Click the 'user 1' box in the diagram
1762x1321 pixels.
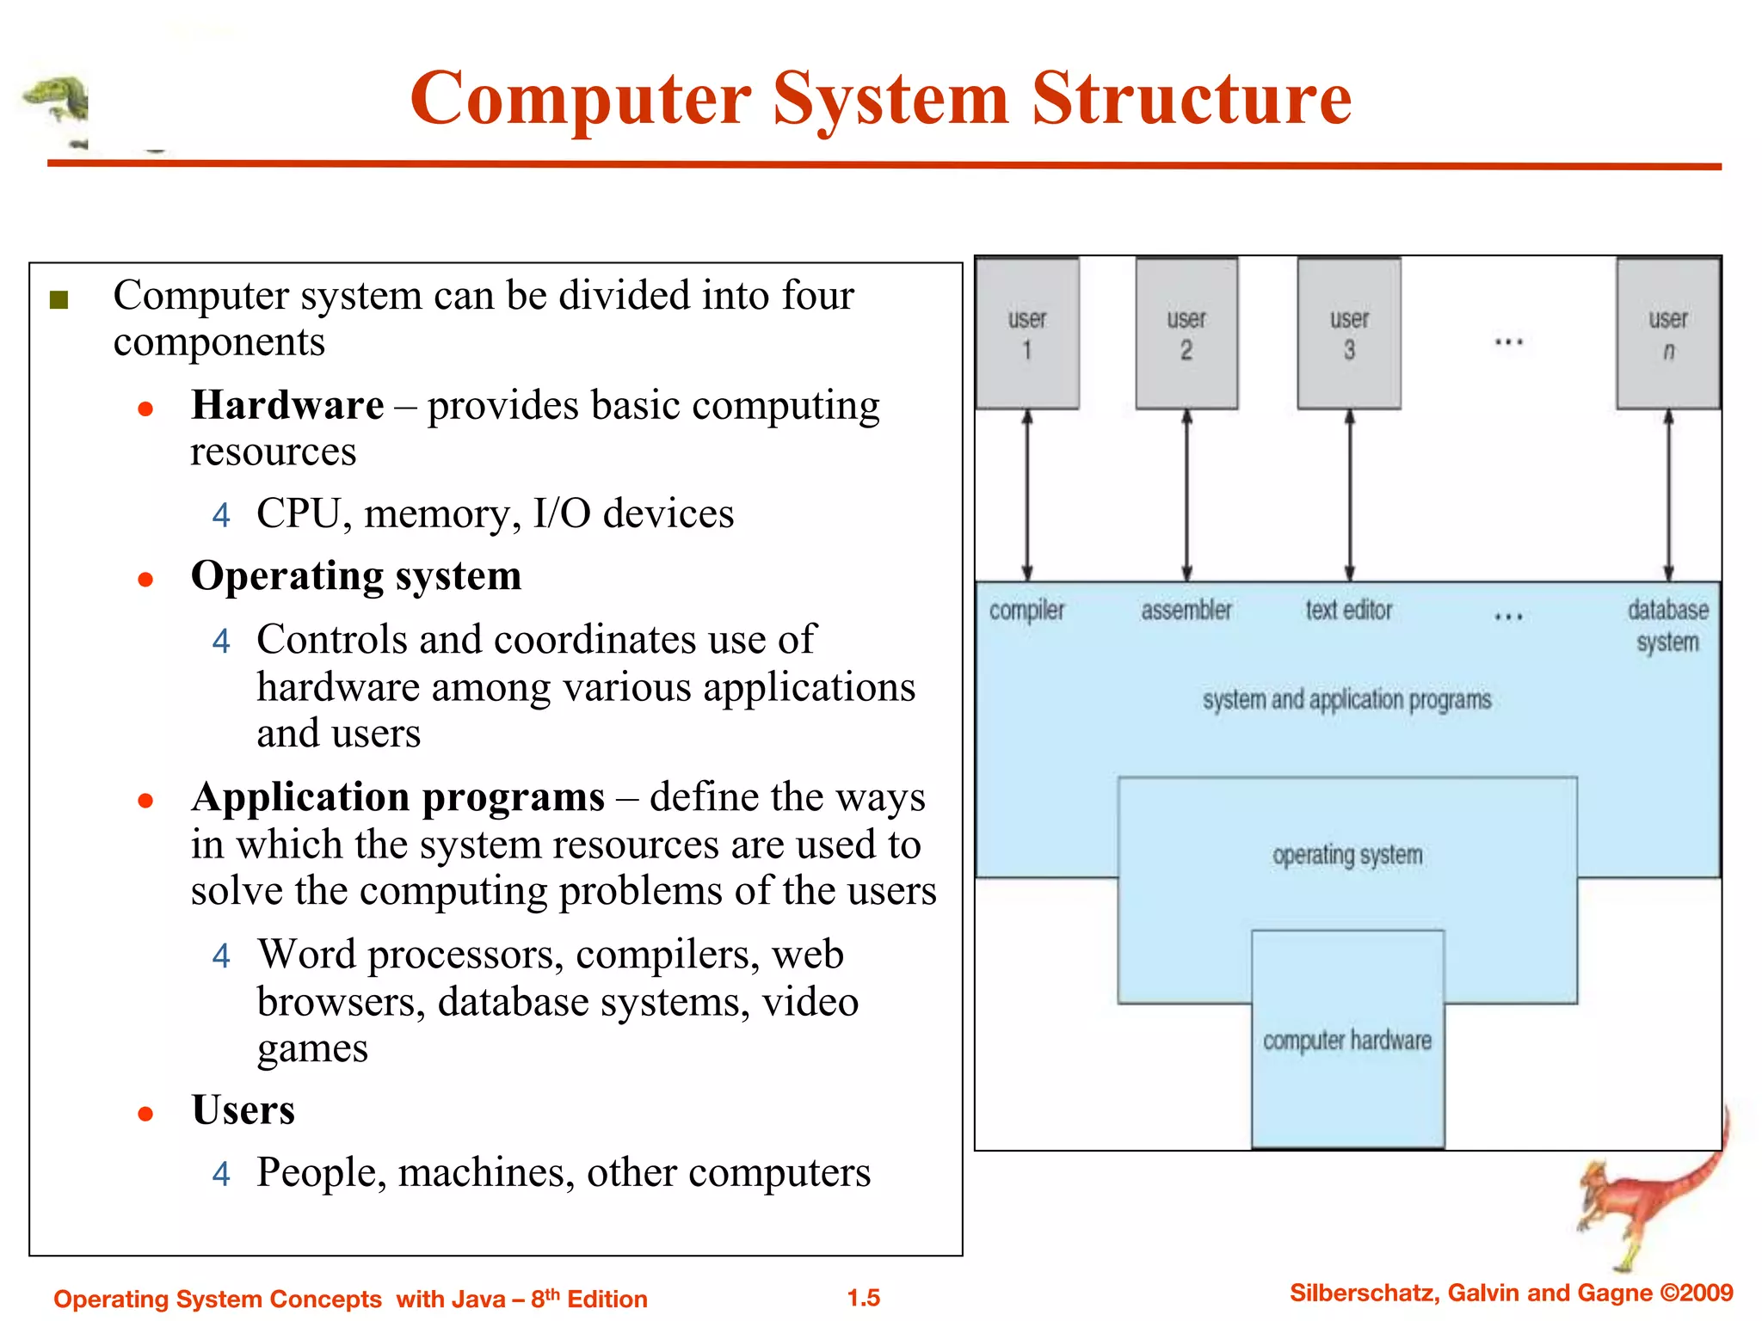point(1026,334)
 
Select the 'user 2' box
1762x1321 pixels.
point(1186,334)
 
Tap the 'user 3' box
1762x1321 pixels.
point(1349,334)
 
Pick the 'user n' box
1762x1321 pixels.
point(1668,334)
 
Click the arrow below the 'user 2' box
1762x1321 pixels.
point(1186,495)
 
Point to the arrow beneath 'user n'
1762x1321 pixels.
point(1668,495)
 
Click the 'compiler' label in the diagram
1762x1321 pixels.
point(1026,611)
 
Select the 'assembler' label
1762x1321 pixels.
point(1186,611)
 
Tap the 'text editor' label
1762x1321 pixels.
point(1348,611)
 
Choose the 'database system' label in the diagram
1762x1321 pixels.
point(1667,626)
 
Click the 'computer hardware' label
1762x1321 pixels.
point(1347,1041)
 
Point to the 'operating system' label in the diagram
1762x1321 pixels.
point(1347,855)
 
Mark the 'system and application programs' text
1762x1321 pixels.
point(1346,700)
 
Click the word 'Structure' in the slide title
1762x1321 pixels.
point(1191,99)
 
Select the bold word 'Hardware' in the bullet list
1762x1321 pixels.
point(287,405)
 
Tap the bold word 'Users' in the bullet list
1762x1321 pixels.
point(243,1110)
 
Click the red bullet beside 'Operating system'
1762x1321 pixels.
point(145,580)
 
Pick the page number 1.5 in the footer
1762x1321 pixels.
point(864,1298)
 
